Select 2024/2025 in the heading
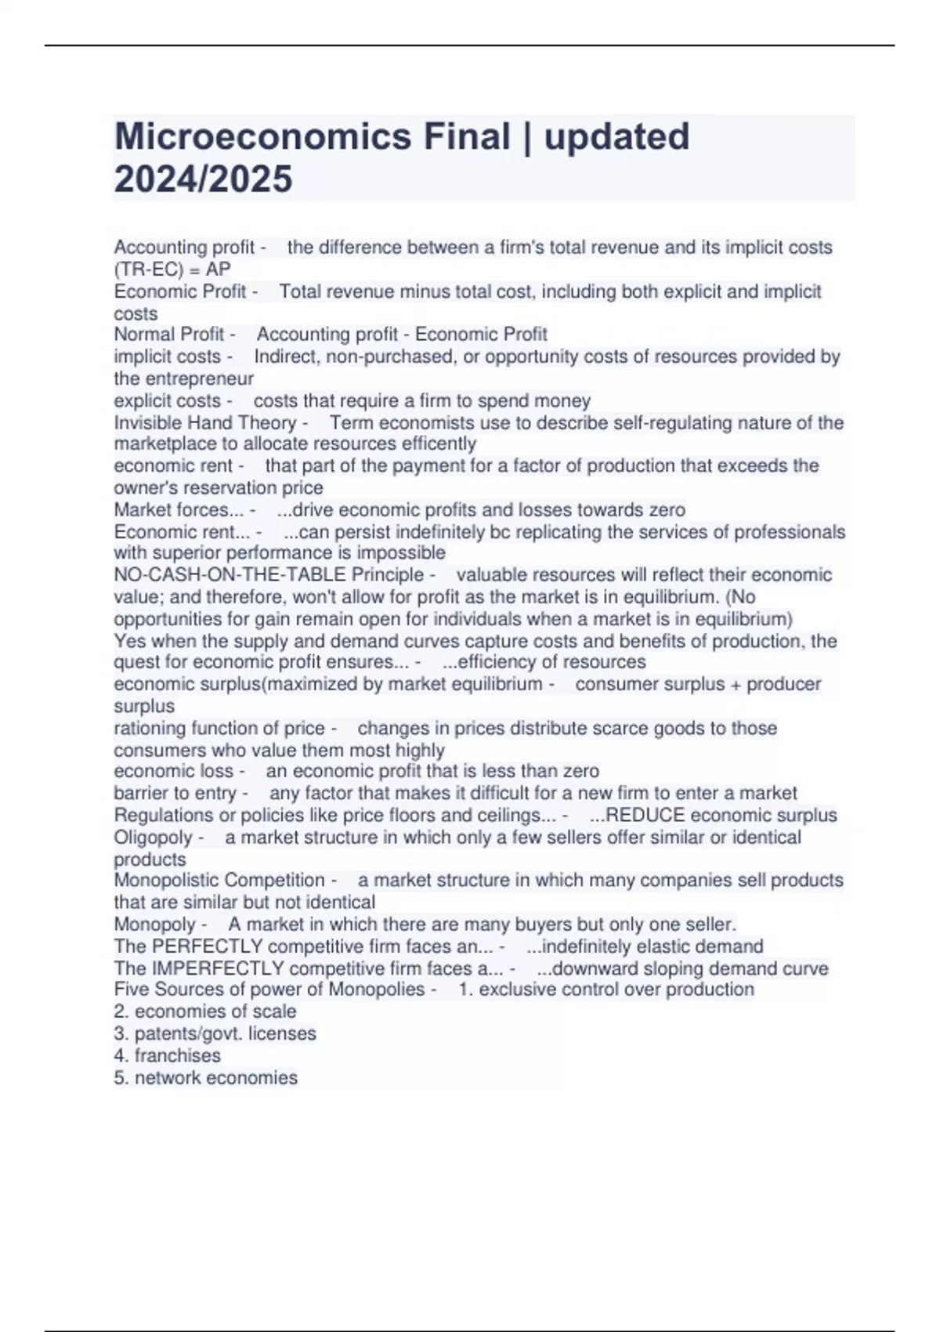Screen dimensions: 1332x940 (x=203, y=179)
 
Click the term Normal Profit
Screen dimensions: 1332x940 (x=169, y=335)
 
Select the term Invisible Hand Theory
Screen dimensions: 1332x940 (x=205, y=423)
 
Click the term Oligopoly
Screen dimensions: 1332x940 (x=153, y=837)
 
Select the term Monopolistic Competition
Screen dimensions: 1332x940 (x=219, y=880)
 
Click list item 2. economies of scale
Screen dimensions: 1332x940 (x=205, y=1012)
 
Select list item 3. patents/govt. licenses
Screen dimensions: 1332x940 (x=215, y=1033)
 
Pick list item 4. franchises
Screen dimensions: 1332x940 (x=167, y=1055)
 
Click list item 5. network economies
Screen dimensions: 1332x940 (x=205, y=1078)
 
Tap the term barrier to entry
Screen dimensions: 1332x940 (x=175, y=793)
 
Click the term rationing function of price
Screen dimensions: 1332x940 (x=219, y=728)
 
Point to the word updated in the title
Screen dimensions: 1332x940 (x=616, y=136)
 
